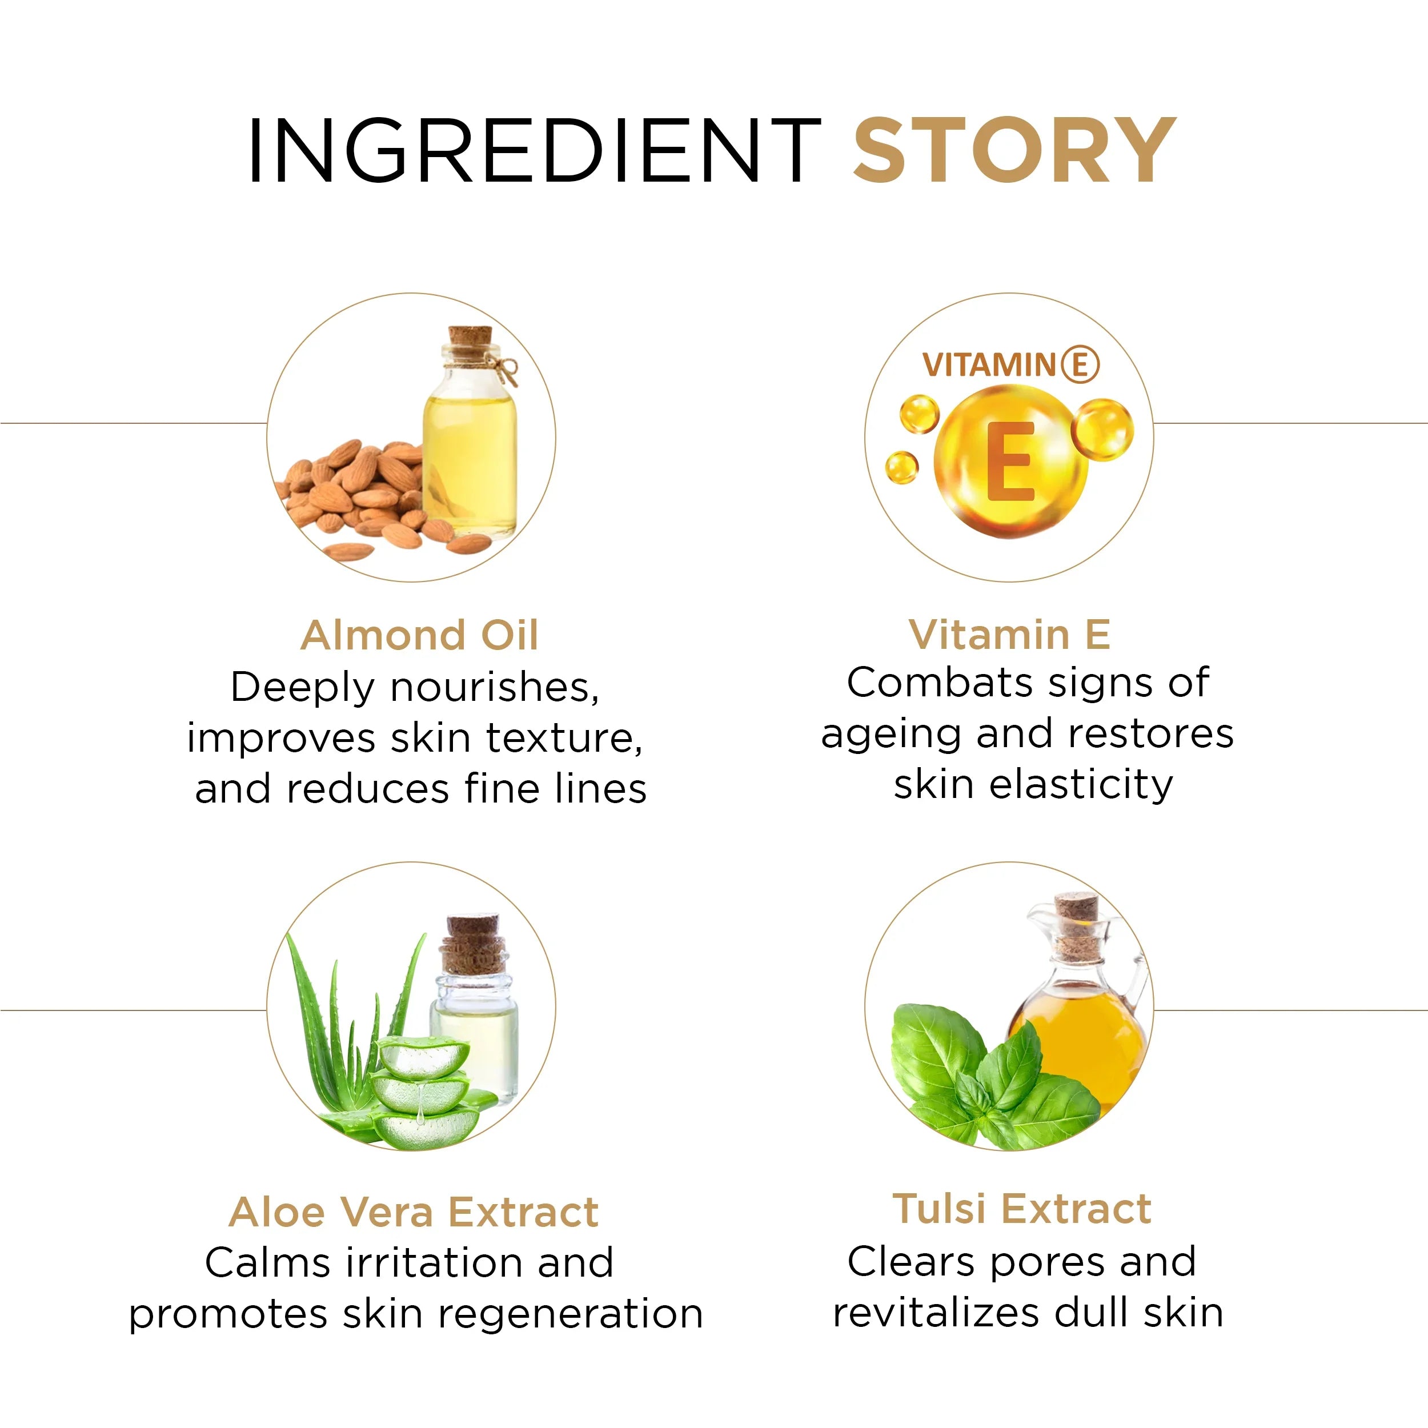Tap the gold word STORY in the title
click(x=1014, y=151)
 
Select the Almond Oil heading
click(x=419, y=636)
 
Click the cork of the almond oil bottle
click(x=470, y=342)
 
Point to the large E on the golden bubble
click(x=1010, y=462)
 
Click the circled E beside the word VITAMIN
click(x=1080, y=364)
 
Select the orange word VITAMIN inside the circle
click(x=989, y=365)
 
